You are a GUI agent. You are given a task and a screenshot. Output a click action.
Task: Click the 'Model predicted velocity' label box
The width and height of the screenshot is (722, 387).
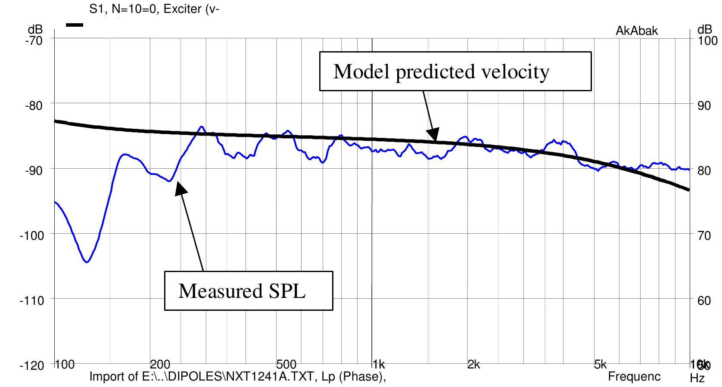click(455, 71)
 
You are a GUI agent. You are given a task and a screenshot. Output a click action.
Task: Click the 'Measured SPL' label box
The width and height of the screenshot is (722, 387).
click(249, 291)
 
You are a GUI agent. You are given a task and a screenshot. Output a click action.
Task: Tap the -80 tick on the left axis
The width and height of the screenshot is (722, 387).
click(35, 105)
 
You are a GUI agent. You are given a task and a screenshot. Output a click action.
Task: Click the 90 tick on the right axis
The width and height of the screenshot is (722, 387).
click(703, 105)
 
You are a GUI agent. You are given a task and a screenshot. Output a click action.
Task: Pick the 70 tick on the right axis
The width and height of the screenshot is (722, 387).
click(703, 235)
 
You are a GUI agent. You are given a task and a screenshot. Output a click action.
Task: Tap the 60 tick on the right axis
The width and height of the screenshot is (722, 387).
click(703, 300)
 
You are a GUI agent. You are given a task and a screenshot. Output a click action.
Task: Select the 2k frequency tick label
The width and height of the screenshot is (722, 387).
click(473, 365)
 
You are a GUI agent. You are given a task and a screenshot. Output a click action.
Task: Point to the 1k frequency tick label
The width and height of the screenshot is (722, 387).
click(379, 365)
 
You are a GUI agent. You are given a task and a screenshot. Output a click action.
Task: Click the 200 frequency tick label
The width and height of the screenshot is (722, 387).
click(160, 365)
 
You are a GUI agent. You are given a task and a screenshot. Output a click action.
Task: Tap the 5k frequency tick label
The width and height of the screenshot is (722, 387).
click(600, 365)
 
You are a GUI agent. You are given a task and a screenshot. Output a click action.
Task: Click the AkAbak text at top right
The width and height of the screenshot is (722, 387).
click(637, 31)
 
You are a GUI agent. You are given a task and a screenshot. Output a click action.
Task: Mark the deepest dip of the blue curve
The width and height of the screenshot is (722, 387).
click(87, 261)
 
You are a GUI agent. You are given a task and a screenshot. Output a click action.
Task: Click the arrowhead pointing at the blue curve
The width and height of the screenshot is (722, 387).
click(180, 188)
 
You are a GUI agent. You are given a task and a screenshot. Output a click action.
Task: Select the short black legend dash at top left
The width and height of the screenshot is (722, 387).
click(74, 25)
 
